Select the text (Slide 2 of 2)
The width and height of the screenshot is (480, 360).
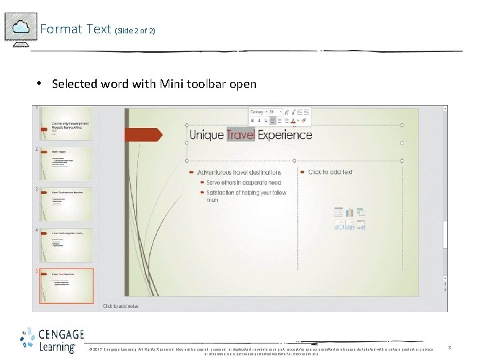coord(135,31)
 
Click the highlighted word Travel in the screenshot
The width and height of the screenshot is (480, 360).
coord(241,135)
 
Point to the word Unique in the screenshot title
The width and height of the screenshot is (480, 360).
coord(206,135)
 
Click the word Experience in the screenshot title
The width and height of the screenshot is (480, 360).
coord(285,135)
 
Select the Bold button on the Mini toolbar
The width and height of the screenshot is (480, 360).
coord(253,121)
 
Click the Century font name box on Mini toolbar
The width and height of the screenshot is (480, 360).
coord(257,112)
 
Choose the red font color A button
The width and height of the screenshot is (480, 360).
coord(293,121)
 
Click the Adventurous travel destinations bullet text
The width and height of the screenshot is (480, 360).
coord(243,172)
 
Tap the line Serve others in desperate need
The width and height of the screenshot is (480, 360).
coord(243,182)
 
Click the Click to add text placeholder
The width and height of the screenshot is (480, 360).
coord(330,172)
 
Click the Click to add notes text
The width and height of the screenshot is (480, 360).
coord(121,306)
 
